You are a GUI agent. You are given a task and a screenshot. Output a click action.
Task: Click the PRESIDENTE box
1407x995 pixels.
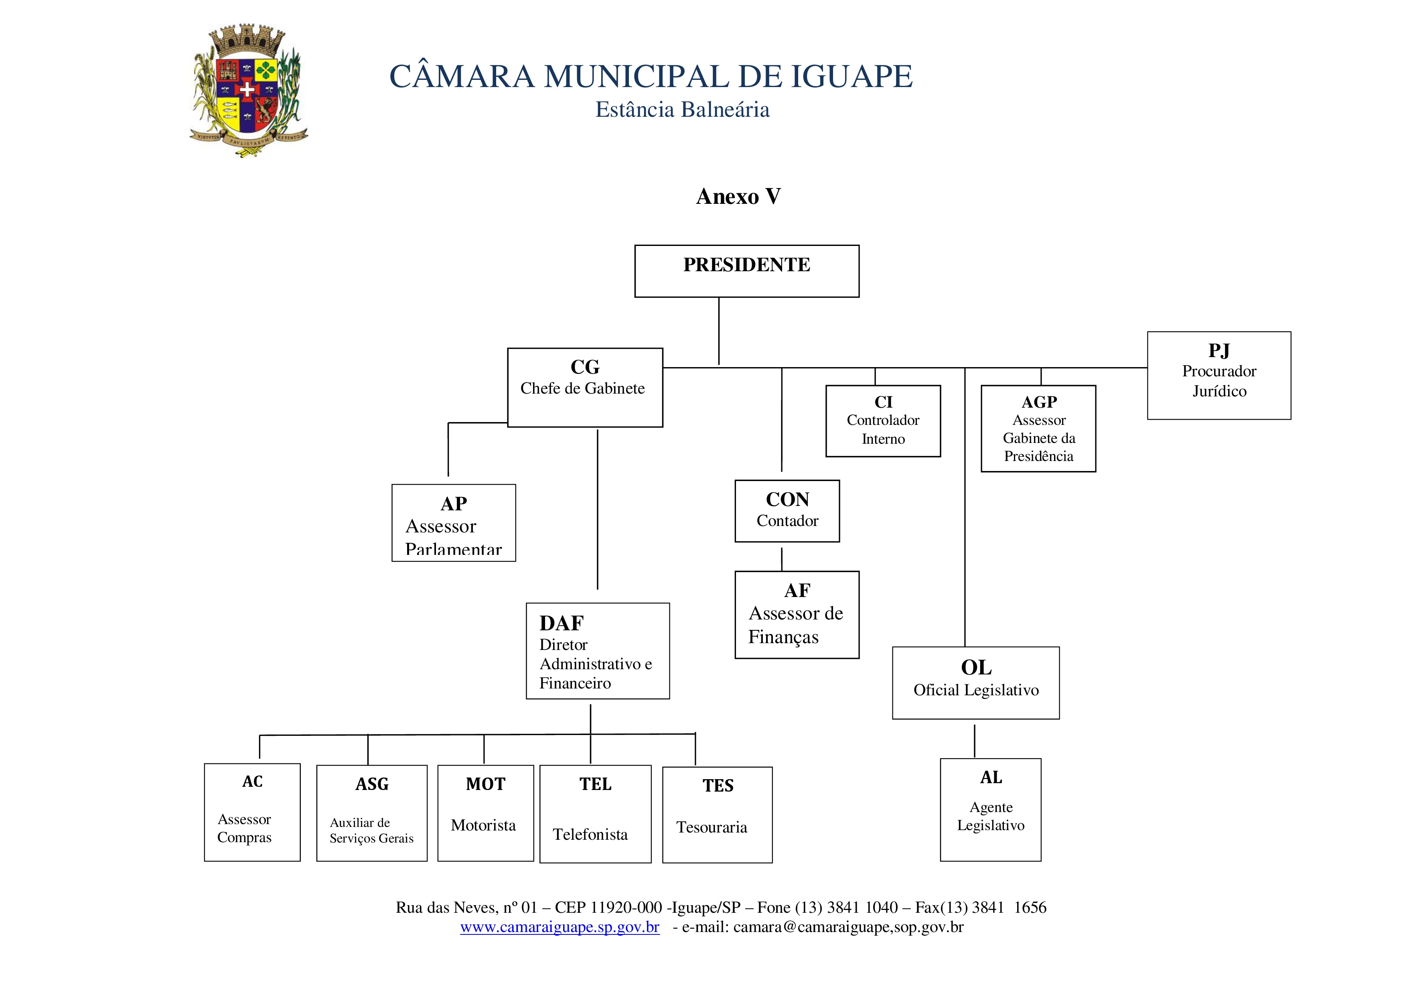point(746,271)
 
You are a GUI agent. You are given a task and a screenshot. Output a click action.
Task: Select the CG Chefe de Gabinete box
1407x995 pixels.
point(585,388)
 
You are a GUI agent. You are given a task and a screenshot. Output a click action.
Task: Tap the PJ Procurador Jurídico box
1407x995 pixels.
point(1219,375)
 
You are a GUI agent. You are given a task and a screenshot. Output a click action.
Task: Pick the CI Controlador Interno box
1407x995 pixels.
point(883,420)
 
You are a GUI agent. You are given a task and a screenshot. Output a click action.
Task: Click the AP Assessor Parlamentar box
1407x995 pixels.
point(454,523)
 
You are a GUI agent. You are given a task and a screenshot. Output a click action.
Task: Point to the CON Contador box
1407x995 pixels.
point(787,511)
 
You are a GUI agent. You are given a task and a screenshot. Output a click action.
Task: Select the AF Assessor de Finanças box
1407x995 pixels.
point(797,614)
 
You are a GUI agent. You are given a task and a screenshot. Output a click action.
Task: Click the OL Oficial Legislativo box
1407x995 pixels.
point(975,682)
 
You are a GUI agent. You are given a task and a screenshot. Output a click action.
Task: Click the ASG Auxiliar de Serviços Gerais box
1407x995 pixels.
point(371,813)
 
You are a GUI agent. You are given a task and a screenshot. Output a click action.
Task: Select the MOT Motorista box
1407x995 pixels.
point(485,813)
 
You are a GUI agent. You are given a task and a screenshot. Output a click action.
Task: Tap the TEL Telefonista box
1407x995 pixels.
point(595,814)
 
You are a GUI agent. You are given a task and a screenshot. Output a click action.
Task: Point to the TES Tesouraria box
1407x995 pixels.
point(717,815)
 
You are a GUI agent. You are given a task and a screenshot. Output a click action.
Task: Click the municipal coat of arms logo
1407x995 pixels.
point(248,91)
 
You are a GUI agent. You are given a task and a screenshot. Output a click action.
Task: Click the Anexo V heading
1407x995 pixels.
point(738,196)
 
